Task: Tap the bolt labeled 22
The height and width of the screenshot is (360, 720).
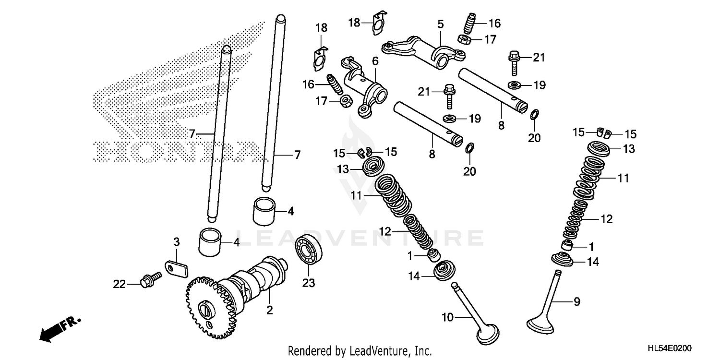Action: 146,280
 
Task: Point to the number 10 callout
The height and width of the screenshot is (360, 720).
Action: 447,317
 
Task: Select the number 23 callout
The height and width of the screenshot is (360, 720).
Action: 309,283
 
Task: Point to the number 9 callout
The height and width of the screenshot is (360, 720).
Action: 576,301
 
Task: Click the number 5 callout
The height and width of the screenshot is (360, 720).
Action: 440,23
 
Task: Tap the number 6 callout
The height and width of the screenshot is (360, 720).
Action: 374,60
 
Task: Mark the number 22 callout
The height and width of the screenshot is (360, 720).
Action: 119,284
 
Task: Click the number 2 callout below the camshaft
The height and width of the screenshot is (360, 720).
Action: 269,311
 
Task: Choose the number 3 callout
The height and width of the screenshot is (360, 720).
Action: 176,242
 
